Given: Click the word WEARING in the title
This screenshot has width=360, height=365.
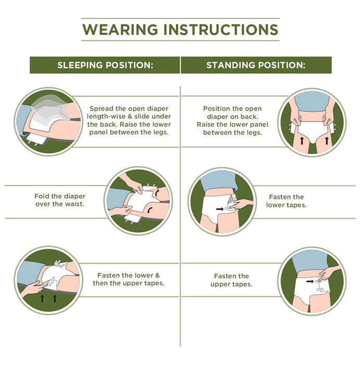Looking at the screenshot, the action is (120, 30).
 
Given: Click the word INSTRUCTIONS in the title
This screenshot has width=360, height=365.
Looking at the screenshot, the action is (221, 30).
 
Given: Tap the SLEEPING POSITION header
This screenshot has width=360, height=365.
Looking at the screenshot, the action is (105, 65).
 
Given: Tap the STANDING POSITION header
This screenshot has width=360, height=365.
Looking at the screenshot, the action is (256, 65).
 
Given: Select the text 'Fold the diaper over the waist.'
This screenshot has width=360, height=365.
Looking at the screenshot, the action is (60, 200).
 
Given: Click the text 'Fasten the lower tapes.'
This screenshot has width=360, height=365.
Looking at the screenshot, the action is (286, 201).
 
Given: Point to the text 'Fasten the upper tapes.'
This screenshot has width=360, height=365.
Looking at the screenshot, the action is (231, 280).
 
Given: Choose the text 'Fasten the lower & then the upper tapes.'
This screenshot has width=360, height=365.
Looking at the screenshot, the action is (128, 279).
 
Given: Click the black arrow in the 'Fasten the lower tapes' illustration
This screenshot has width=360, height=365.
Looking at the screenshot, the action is (220, 209).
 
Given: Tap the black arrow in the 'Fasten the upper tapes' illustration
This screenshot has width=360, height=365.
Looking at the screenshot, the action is (310, 282).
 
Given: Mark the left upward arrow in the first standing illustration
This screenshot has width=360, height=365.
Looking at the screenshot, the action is (302, 141).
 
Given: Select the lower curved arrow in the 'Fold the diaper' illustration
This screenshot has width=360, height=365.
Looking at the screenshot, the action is (150, 210).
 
